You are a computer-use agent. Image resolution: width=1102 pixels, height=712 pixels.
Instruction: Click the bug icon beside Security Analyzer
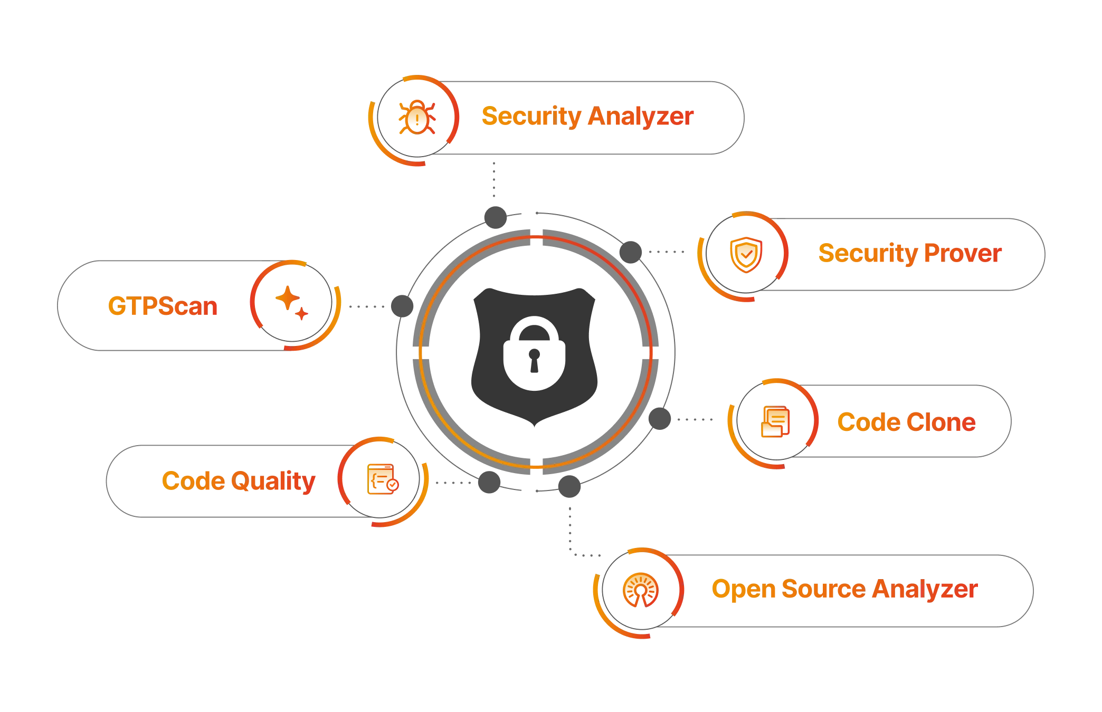coord(417,117)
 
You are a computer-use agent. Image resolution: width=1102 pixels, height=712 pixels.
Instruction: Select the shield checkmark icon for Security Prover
coord(745,255)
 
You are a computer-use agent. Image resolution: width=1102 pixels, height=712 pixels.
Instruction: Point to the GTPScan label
coord(163,306)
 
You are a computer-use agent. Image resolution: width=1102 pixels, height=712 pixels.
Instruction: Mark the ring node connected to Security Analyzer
coord(495,216)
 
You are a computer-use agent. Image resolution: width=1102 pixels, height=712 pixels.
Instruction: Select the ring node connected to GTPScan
coord(401,305)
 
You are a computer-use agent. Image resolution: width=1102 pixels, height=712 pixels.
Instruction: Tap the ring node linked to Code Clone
coord(658,419)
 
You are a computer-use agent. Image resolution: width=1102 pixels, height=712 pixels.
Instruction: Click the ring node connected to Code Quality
coord(489,481)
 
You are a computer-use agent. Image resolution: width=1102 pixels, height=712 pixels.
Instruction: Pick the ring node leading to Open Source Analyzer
coord(569,484)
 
